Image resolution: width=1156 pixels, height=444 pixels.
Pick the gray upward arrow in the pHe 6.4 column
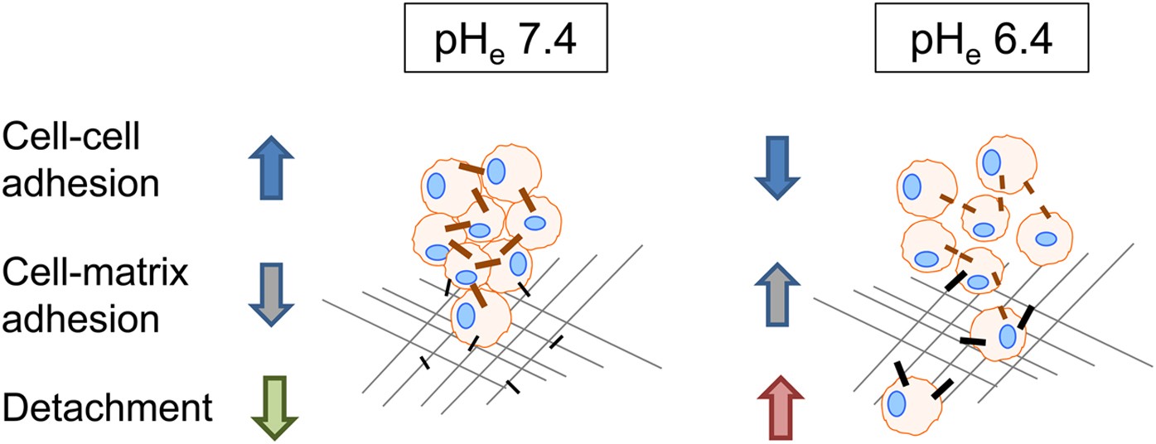click(x=779, y=296)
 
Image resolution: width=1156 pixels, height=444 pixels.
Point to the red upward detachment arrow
click(x=779, y=408)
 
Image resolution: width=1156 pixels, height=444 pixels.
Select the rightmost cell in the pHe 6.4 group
click(x=1046, y=239)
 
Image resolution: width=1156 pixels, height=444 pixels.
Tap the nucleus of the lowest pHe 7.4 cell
click(x=467, y=316)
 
